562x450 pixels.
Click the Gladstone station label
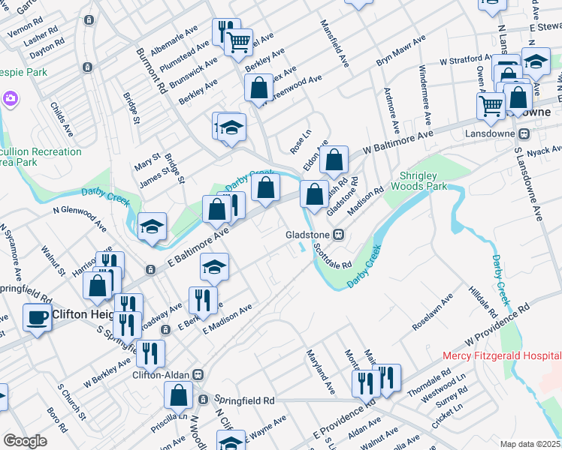tap(308, 235)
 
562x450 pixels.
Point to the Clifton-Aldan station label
tap(162, 374)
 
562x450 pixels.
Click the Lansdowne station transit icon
tap(525, 133)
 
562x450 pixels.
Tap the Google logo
tap(25, 440)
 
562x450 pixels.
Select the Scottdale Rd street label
tap(333, 256)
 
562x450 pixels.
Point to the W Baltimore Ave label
tap(399, 140)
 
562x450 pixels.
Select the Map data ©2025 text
tap(530, 443)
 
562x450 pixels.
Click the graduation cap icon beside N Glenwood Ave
tap(152, 227)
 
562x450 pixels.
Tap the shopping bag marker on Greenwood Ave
tap(258, 88)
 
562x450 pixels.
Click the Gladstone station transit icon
tap(339, 235)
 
